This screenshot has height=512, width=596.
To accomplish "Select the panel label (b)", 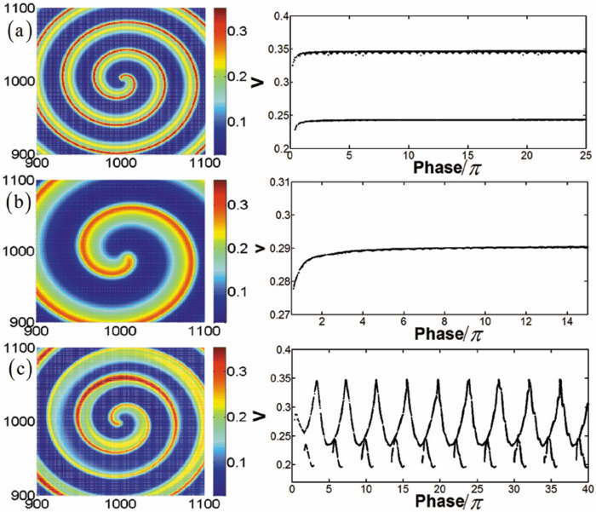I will [17, 205].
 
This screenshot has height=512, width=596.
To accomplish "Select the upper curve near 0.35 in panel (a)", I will [443, 52].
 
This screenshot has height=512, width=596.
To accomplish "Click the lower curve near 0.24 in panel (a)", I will [443, 120].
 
